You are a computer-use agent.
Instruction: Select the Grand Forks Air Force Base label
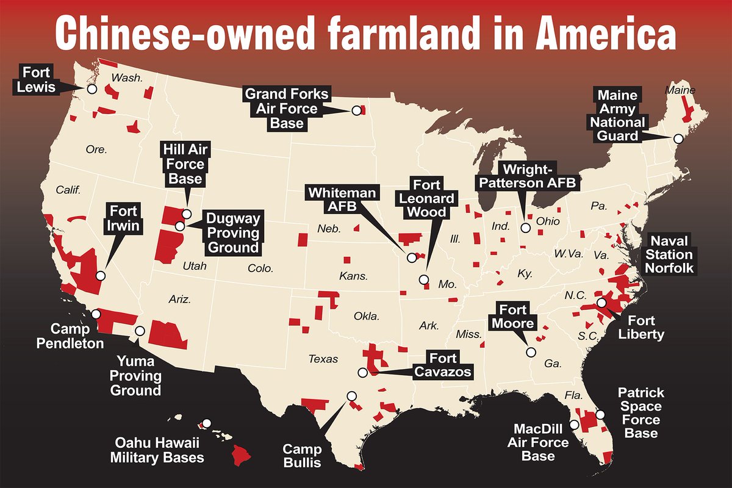(x=286, y=109)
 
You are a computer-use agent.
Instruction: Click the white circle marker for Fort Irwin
(x=101, y=276)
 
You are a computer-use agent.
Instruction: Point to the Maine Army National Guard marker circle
(x=677, y=138)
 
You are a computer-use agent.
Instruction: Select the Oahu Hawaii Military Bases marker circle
(x=207, y=423)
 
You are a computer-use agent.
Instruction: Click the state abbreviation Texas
(x=323, y=359)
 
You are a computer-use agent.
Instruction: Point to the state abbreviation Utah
(x=195, y=267)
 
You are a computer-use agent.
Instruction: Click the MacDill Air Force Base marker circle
(x=574, y=424)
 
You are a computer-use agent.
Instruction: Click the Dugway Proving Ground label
(x=232, y=232)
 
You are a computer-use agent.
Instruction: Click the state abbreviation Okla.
(x=367, y=317)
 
